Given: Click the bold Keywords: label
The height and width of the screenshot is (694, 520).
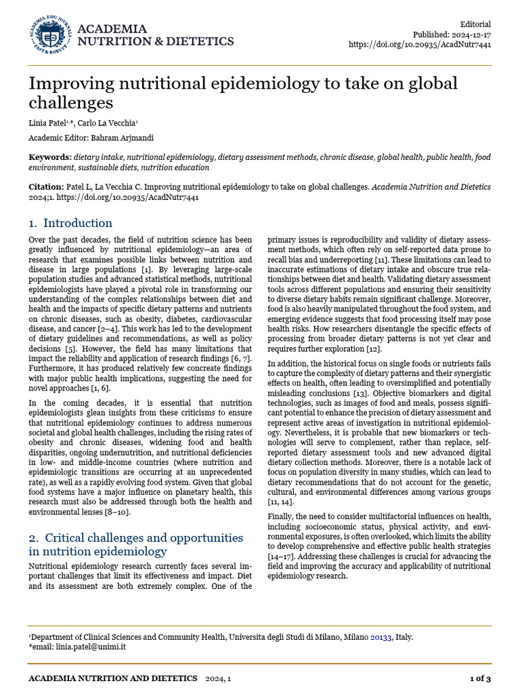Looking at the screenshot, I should point(51,157).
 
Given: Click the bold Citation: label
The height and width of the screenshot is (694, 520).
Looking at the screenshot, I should point(46,186).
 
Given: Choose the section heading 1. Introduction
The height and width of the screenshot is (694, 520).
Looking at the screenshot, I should point(70,223).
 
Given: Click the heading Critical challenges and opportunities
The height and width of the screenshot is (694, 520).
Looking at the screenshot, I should point(135,537).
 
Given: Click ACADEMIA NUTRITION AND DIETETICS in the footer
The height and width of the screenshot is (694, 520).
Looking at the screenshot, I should point(112,678).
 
